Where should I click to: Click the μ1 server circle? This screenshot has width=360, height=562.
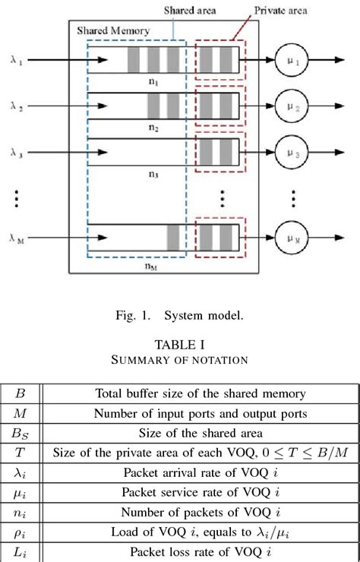click(295, 58)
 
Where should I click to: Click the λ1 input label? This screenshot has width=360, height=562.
click(17, 58)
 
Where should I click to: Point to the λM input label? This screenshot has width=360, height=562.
click(17, 238)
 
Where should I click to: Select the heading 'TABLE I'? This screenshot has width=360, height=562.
click(179, 343)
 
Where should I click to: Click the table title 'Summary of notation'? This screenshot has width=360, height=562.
click(179, 359)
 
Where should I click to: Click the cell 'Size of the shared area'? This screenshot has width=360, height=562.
click(200, 434)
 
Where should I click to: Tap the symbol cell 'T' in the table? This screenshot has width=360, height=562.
click(21, 453)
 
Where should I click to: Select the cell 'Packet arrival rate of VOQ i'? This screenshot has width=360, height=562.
click(200, 473)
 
